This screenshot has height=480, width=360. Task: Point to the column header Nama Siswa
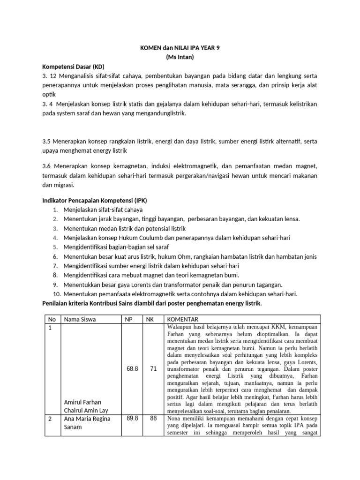80,319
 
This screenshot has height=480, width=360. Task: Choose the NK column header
150,319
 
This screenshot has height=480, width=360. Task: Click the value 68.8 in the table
132,369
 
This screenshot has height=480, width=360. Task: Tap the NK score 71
153,369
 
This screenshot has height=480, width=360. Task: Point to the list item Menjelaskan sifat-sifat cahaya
103,210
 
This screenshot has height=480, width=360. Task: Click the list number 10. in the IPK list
57,294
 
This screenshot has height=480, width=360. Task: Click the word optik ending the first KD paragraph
49,94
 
